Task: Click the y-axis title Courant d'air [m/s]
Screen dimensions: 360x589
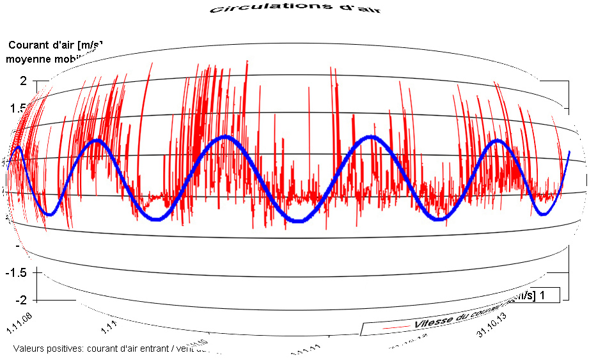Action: (x=55, y=45)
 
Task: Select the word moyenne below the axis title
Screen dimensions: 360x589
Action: (x=29, y=59)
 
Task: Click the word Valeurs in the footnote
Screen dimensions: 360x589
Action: (x=28, y=348)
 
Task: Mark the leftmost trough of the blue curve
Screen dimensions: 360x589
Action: (x=49, y=215)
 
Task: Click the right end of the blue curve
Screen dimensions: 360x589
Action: (x=569, y=152)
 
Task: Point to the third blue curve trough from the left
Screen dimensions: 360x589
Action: (x=299, y=221)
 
